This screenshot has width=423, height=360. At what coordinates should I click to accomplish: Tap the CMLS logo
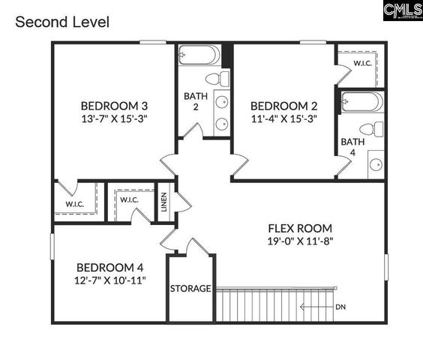pos(402,10)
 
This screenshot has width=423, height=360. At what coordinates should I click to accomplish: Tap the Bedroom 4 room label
pos(110,267)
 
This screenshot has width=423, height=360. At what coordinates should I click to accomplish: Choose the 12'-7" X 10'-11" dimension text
pos(110,280)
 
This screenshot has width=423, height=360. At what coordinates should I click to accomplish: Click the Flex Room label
pos(300,228)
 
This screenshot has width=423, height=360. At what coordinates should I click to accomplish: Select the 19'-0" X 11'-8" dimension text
pos(300,241)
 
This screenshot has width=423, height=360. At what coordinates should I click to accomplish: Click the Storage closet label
pos(190,289)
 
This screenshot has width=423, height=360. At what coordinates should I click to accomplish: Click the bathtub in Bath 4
pos(362,102)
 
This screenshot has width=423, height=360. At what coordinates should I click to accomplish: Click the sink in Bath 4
pos(375,163)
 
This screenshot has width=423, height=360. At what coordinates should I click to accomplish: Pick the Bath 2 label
pos(191,101)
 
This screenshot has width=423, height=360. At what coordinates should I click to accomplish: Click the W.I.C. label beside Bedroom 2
pos(364,64)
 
